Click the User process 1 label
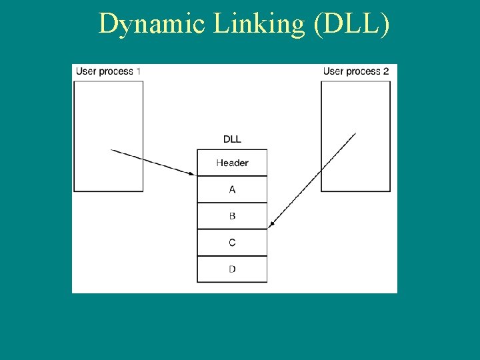click(108, 71)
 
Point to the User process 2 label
click(356, 71)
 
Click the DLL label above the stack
click(232, 139)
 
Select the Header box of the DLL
click(232, 163)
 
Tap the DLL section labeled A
click(232, 189)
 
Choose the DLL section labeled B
click(232, 216)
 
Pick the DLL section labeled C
click(232, 243)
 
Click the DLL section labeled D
click(232, 269)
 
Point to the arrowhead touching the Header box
click(193, 174)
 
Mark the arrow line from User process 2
click(313, 180)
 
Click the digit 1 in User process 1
click(138, 71)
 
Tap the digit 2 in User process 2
click(386, 71)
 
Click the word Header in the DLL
click(232, 163)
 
